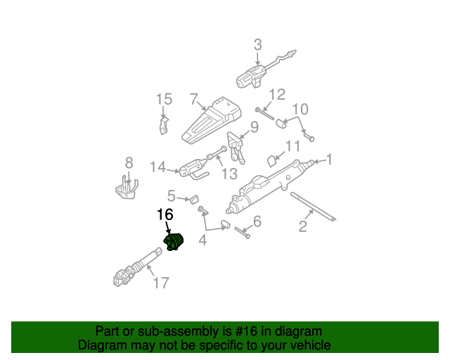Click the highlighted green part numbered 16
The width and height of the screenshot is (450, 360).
[174, 241]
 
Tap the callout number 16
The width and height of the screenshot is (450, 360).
[165, 215]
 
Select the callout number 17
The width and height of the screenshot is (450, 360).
[161, 283]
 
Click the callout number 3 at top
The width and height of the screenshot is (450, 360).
[257, 45]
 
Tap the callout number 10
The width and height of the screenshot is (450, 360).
[300, 109]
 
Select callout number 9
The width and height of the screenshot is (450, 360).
[254, 127]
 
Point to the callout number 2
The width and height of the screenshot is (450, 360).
[303, 226]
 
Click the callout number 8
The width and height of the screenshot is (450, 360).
[129, 162]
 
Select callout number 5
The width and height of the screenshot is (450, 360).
[172, 195]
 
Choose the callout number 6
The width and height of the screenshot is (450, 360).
[257, 222]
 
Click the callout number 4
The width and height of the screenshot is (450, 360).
[202, 240]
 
